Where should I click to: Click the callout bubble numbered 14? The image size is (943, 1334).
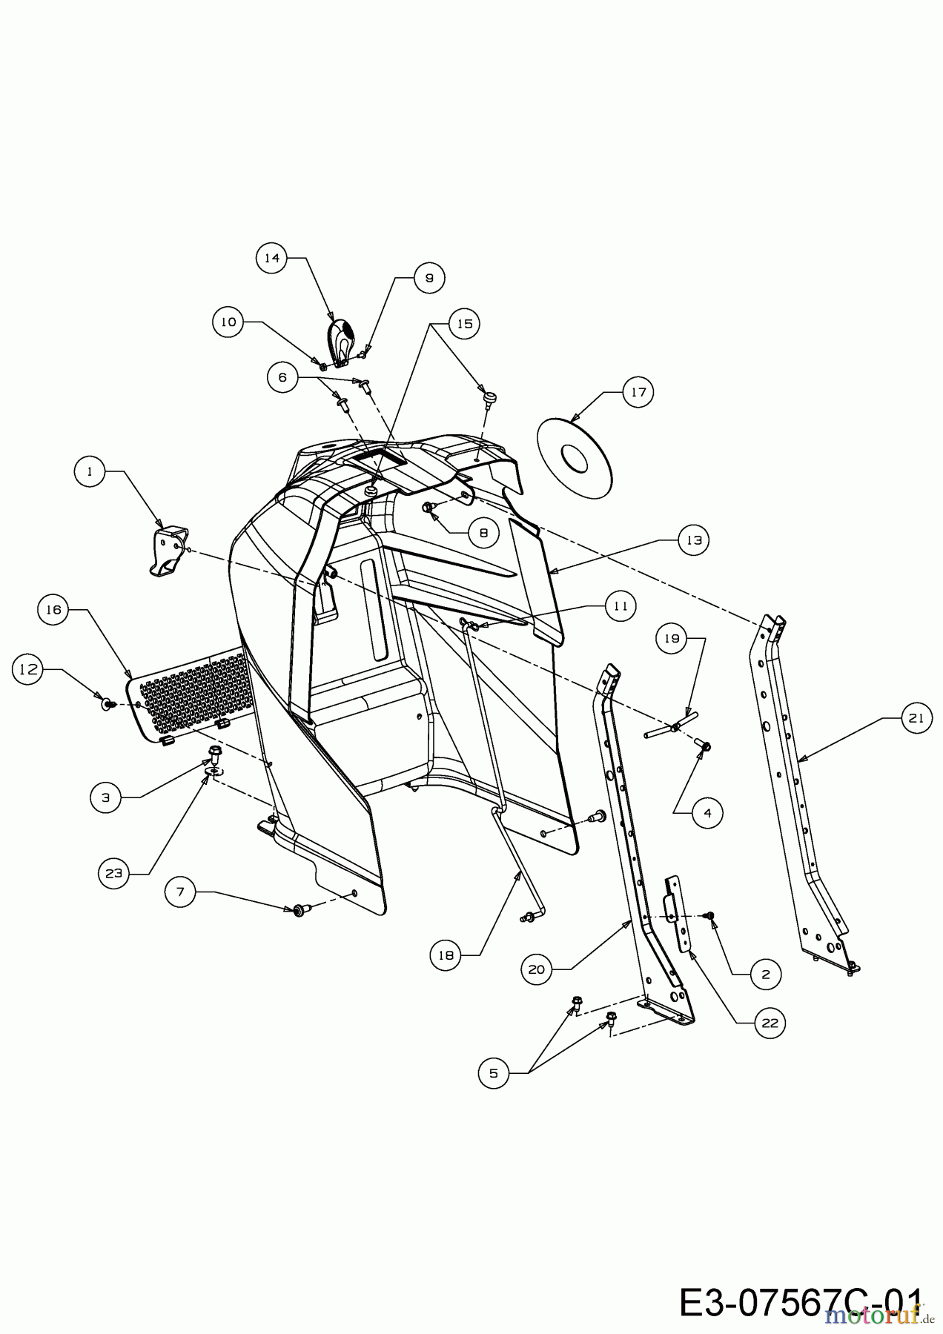tap(272, 258)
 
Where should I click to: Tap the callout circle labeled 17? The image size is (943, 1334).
tap(639, 392)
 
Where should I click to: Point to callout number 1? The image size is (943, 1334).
tap(90, 471)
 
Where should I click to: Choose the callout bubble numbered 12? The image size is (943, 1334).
tap(28, 669)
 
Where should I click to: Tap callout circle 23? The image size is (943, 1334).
tap(113, 874)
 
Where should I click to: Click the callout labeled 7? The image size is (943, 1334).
tap(180, 892)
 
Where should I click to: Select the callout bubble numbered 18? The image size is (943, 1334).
tap(446, 955)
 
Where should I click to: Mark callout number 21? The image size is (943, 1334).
tap(916, 718)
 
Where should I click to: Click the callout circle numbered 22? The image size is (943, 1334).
tap(770, 1023)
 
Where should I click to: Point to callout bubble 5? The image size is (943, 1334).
tap(494, 1072)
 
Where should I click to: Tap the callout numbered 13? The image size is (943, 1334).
tap(693, 540)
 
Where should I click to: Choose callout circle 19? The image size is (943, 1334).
tap(672, 638)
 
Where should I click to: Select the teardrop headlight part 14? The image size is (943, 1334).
tap(340, 342)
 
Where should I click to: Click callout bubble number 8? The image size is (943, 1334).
tap(483, 532)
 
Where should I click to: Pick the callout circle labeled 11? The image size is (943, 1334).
tap(621, 606)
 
